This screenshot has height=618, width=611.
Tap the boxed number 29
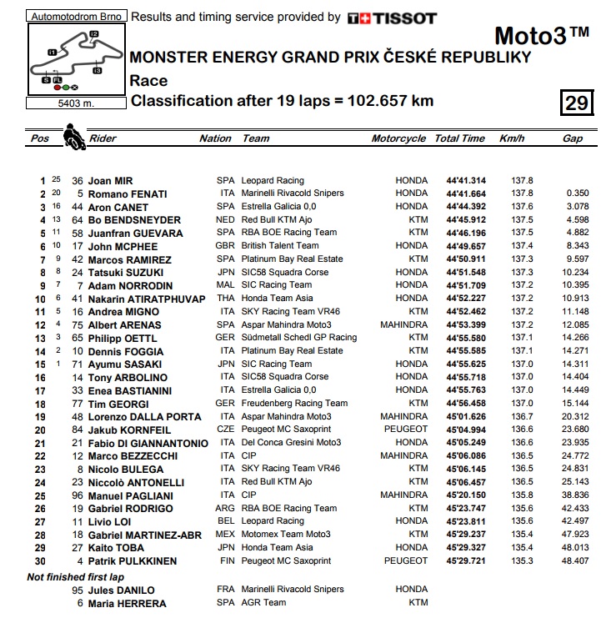pyautogui.click(x=577, y=103)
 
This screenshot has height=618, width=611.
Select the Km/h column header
pyautogui.click(x=512, y=138)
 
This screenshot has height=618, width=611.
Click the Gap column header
pyautogui.click(x=572, y=138)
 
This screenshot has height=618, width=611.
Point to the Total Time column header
pyautogui.click(x=459, y=138)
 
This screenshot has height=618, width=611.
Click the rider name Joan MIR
pyautogui.click(x=111, y=180)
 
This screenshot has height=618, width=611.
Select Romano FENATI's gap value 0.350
pyautogui.click(x=576, y=193)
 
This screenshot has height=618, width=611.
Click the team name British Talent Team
pyautogui.click(x=279, y=246)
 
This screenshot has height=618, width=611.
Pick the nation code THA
pyautogui.click(x=226, y=299)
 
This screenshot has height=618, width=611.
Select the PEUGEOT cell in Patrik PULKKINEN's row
pyautogui.click(x=406, y=561)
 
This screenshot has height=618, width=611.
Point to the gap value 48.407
pyautogui.click(x=574, y=561)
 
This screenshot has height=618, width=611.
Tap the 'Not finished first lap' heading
pyautogui.click(x=76, y=576)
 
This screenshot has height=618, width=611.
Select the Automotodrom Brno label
pyautogui.click(x=76, y=16)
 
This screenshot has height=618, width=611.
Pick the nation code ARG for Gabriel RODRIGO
pyautogui.click(x=227, y=508)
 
